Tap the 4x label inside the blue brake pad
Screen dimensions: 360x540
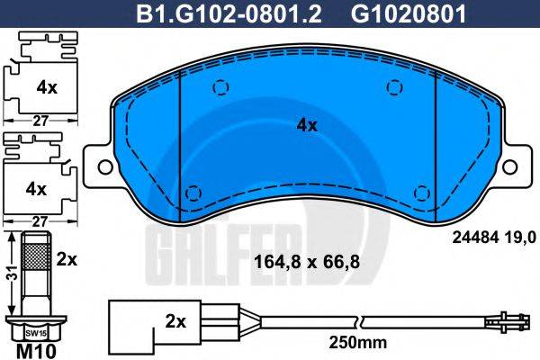tap(307, 126)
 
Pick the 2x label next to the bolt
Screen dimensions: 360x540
tap(67, 258)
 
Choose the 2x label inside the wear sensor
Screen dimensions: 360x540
tap(176, 321)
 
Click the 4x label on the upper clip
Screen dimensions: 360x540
tap(46, 87)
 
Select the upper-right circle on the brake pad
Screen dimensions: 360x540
tap(393, 86)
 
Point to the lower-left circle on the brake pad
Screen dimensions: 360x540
tap(192, 191)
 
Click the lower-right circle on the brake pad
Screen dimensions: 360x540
tap(419, 191)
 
